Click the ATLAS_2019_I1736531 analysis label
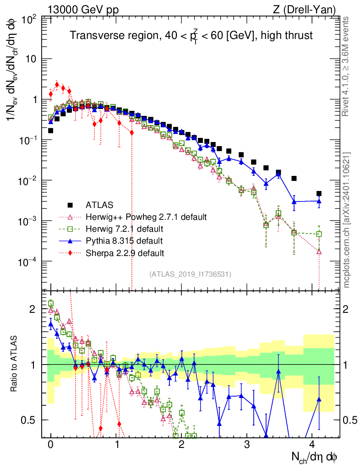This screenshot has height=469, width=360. click(190, 274)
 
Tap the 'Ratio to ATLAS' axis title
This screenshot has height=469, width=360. click(16, 364)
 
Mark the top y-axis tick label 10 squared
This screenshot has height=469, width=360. click(28, 19)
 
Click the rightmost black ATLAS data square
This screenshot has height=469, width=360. click(319, 194)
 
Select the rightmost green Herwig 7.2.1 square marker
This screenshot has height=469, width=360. click(319, 234)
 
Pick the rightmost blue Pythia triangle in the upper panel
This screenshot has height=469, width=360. click(319, 201)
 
